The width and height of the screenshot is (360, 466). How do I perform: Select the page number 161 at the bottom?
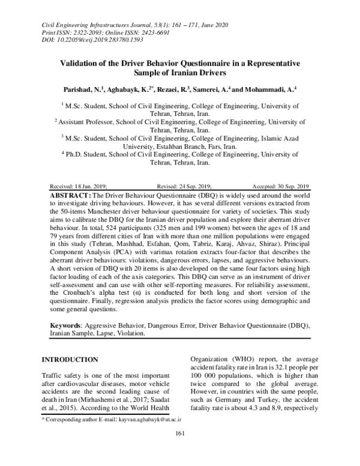pyautogui.click(x=179, y=452)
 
